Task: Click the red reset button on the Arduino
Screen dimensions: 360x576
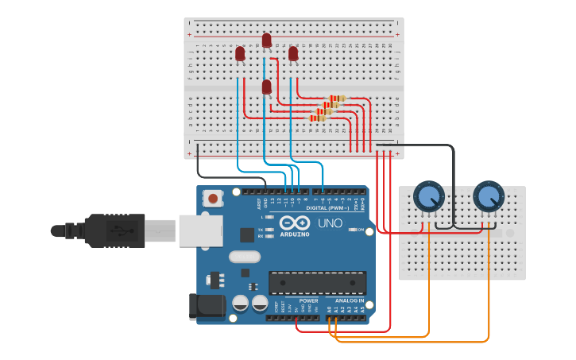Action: [x=213, y=198]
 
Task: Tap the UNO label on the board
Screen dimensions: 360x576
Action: [x=330, y=223]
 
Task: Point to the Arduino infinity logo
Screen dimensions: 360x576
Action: [x=294, y=222]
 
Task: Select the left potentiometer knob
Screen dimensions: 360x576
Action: [x=429, y=196]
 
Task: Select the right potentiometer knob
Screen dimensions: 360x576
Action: [x=488, y=195]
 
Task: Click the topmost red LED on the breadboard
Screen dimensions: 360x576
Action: [x=266, y=40]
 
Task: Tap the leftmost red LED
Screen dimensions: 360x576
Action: [x=240, y=53]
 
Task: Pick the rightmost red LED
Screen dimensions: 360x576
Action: [x=293, y=53]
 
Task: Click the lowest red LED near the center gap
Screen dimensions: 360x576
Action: [x=266, y=87]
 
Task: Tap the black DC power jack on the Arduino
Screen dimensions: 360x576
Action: [x=202, y=308]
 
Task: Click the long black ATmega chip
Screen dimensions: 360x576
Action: [x=318, y=283]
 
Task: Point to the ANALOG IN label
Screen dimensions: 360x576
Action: [x=349, y=301]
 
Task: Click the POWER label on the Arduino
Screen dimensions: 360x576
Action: [x=308, y=301]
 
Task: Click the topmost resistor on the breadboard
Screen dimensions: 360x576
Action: [x=338, y=99]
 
